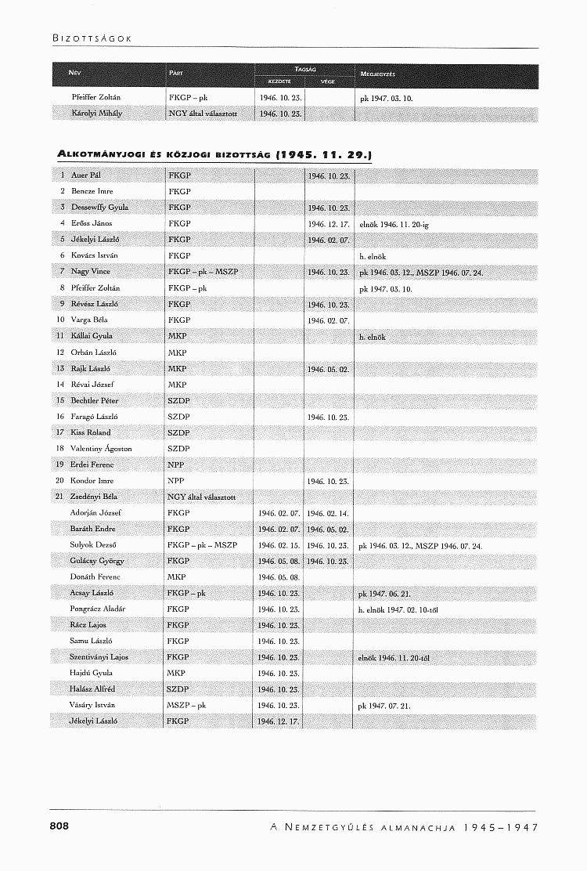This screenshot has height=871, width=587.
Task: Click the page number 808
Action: (59, 826)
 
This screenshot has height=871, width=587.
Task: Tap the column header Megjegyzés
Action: (376, 74)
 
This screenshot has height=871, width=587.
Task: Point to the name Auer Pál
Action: (86, 175)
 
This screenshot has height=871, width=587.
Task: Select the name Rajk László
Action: (90, 368)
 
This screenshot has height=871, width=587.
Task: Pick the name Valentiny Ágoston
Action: (101, 449)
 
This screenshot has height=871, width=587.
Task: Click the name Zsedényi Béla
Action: (94, 497)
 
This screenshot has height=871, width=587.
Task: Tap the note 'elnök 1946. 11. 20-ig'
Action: (394, 224)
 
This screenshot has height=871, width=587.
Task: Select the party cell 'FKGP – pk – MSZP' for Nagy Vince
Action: (203, 272)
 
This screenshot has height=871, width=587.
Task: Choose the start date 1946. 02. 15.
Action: (279, 545)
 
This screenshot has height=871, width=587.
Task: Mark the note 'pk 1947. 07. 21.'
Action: (384, 706)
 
